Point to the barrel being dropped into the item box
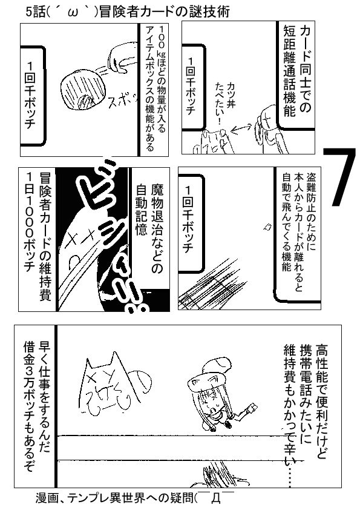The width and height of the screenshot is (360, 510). (x=84, y=91)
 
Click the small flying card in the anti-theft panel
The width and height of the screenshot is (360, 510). (x=267, y=227)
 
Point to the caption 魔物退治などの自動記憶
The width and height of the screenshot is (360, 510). (x=149, y=228)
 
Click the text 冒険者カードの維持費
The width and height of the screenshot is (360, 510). (x=45, y=236)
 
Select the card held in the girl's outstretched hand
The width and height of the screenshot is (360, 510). (x=253, y=408)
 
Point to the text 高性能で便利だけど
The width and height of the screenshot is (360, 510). (x=322, y=402)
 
